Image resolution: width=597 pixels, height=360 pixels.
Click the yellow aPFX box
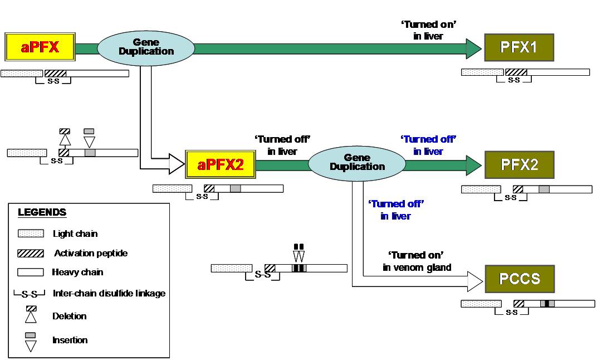40,47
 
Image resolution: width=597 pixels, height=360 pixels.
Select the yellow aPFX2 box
220,164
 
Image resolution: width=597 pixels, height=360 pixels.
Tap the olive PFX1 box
519,48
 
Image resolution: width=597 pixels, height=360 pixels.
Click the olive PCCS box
519,279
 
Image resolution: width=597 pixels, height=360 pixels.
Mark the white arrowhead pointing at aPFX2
177,164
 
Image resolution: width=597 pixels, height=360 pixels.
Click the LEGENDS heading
42,212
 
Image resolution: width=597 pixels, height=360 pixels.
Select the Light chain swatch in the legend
31,233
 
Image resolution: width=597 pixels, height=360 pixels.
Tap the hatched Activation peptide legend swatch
31,253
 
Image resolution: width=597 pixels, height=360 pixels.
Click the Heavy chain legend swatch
31,273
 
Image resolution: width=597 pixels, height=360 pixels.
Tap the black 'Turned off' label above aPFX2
282,145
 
